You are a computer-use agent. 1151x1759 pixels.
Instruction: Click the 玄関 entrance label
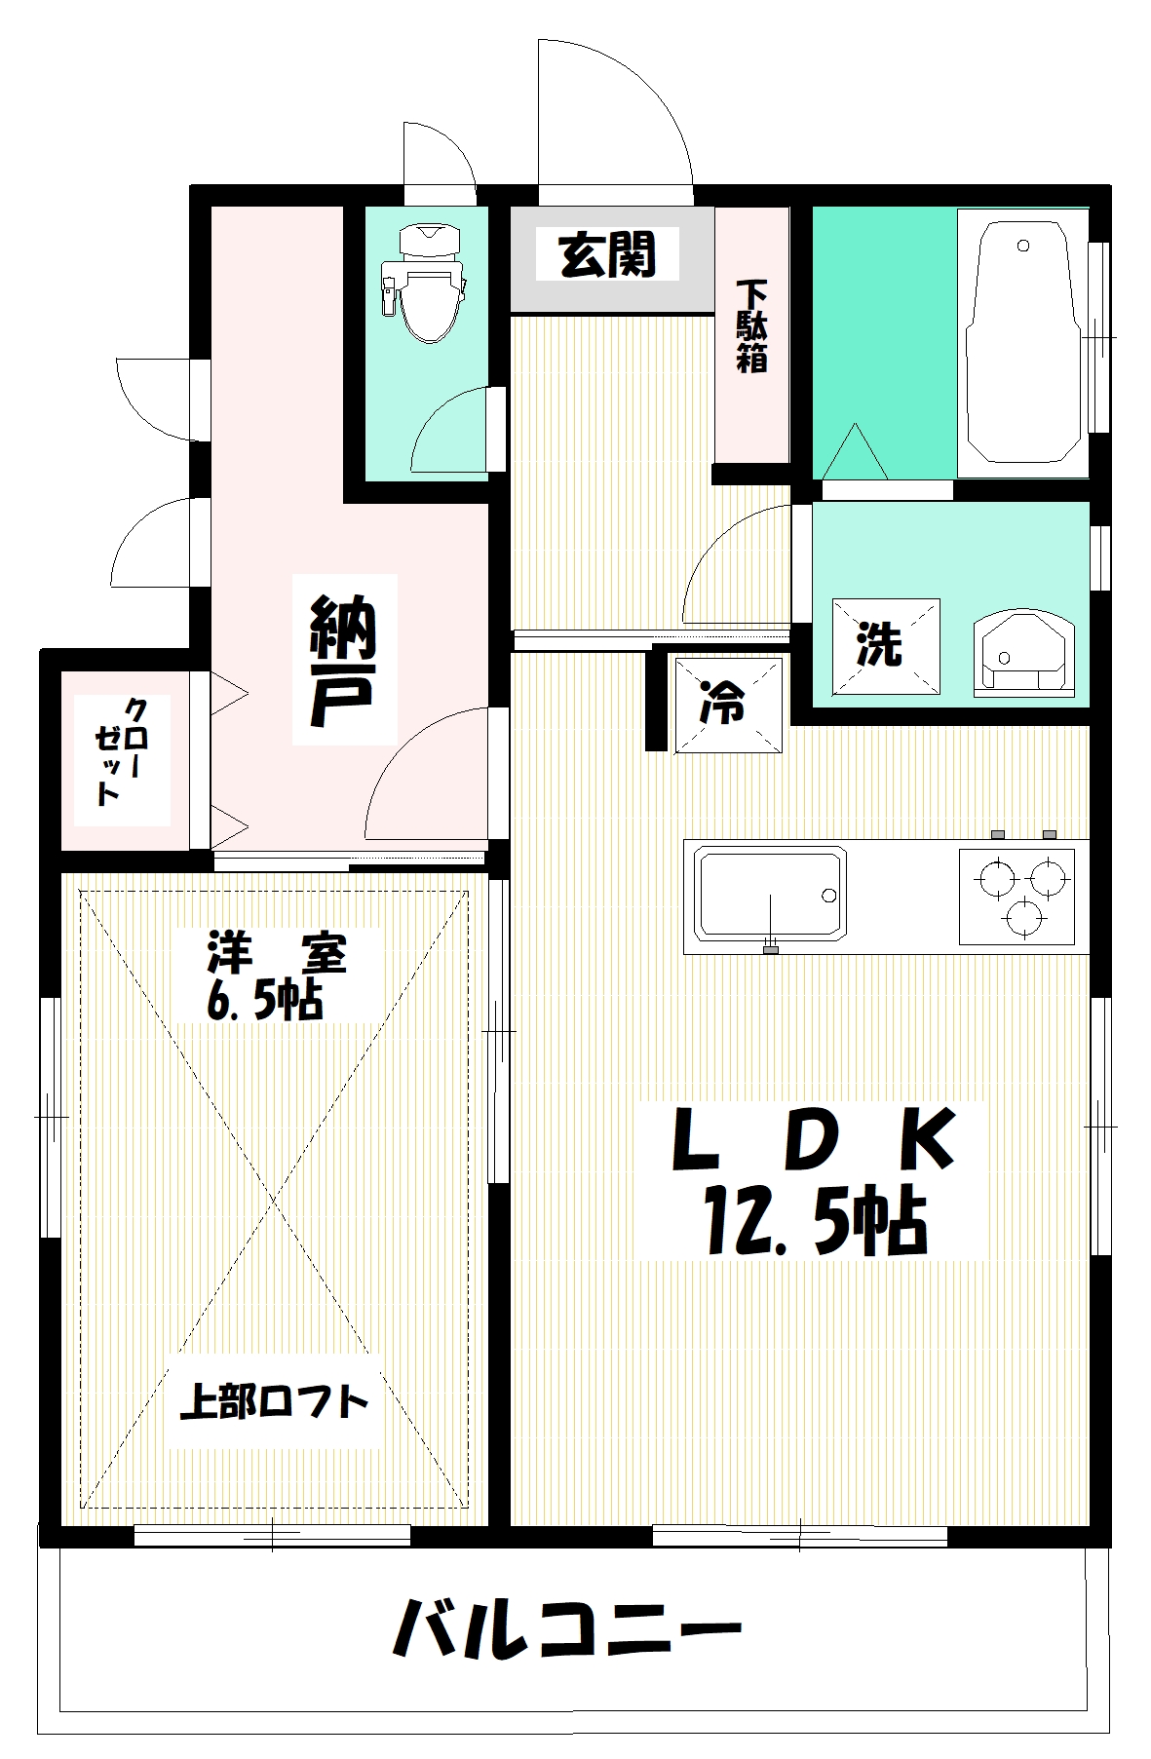point(606,254)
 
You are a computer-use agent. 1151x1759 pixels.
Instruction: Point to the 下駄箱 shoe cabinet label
point(751,326)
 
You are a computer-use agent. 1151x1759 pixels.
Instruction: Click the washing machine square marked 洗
point(885,644)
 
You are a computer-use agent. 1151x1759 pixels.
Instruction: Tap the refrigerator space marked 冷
point(729,703)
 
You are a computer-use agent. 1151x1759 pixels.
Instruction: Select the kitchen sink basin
point(769,894)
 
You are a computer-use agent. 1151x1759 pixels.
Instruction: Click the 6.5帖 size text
point(264,1000)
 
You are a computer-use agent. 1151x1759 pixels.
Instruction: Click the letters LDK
point(812,1140)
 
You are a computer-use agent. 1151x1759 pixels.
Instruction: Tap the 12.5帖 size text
point(811,1222)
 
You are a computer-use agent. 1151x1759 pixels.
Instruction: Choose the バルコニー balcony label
point(566,1628)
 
